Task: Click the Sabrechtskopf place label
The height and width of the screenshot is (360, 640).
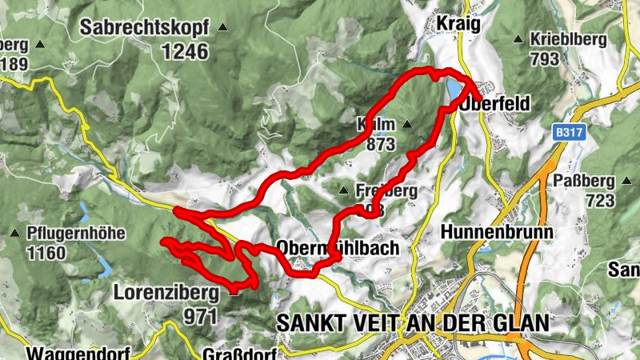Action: pos(144,28)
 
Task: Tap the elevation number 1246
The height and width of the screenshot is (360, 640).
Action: pos(184,52)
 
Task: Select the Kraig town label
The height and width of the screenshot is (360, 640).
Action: pos(458,24)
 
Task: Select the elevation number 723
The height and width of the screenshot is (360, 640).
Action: pos(599,200)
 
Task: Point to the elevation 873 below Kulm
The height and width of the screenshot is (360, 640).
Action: pos(381,145)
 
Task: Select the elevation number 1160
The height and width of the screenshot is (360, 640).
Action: pos(46,254)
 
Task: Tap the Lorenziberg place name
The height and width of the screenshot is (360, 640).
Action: pos(167,293)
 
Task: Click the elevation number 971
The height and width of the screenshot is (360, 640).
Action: pos(200,315)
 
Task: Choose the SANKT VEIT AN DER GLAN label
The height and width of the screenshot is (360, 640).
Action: pos(413,323)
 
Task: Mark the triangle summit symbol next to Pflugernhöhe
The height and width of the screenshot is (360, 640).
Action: pos(14,234)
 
